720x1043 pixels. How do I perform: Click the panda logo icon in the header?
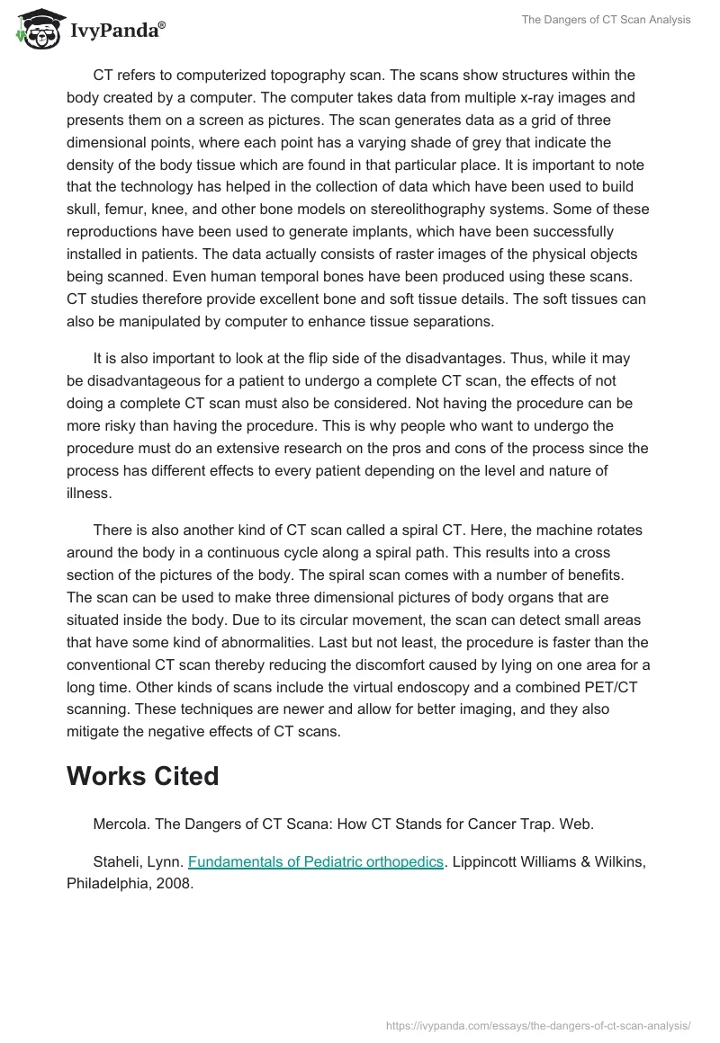coord(34,29)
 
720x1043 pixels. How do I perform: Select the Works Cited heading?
coord(143,776)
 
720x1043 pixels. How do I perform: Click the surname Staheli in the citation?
coord(119,861)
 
